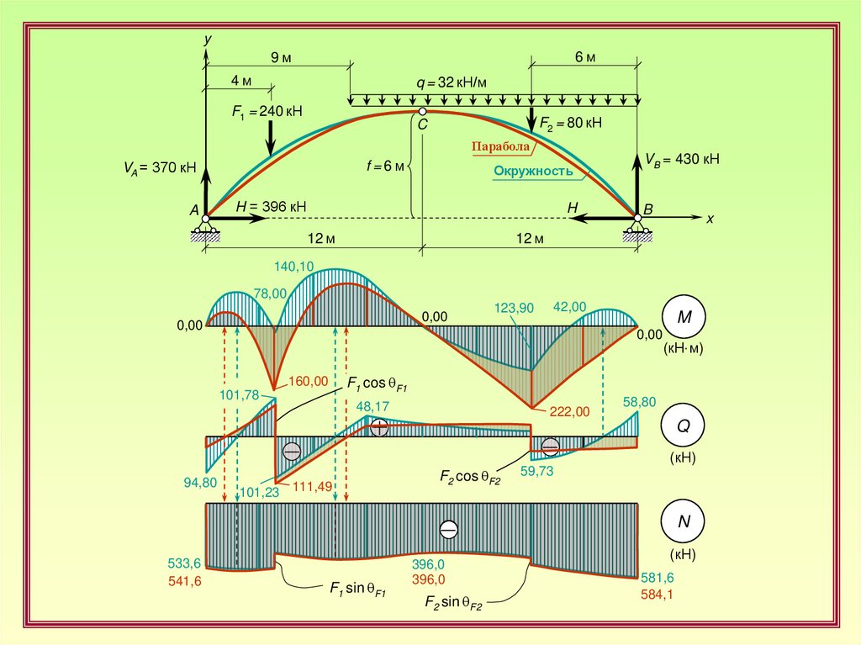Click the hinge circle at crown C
point(422,110)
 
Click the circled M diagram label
point(684,317)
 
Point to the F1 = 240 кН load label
point(268,110)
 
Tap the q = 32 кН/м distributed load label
point(452,82)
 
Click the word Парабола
point(501,146)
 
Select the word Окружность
point(533,171)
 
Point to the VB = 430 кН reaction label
point(682,158)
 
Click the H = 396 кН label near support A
point(270,206)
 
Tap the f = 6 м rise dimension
point(384,166)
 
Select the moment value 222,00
point(568,410)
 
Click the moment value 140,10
point(293,267)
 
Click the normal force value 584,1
point(658,594)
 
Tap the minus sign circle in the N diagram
point(449,530)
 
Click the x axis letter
point(710,218)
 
